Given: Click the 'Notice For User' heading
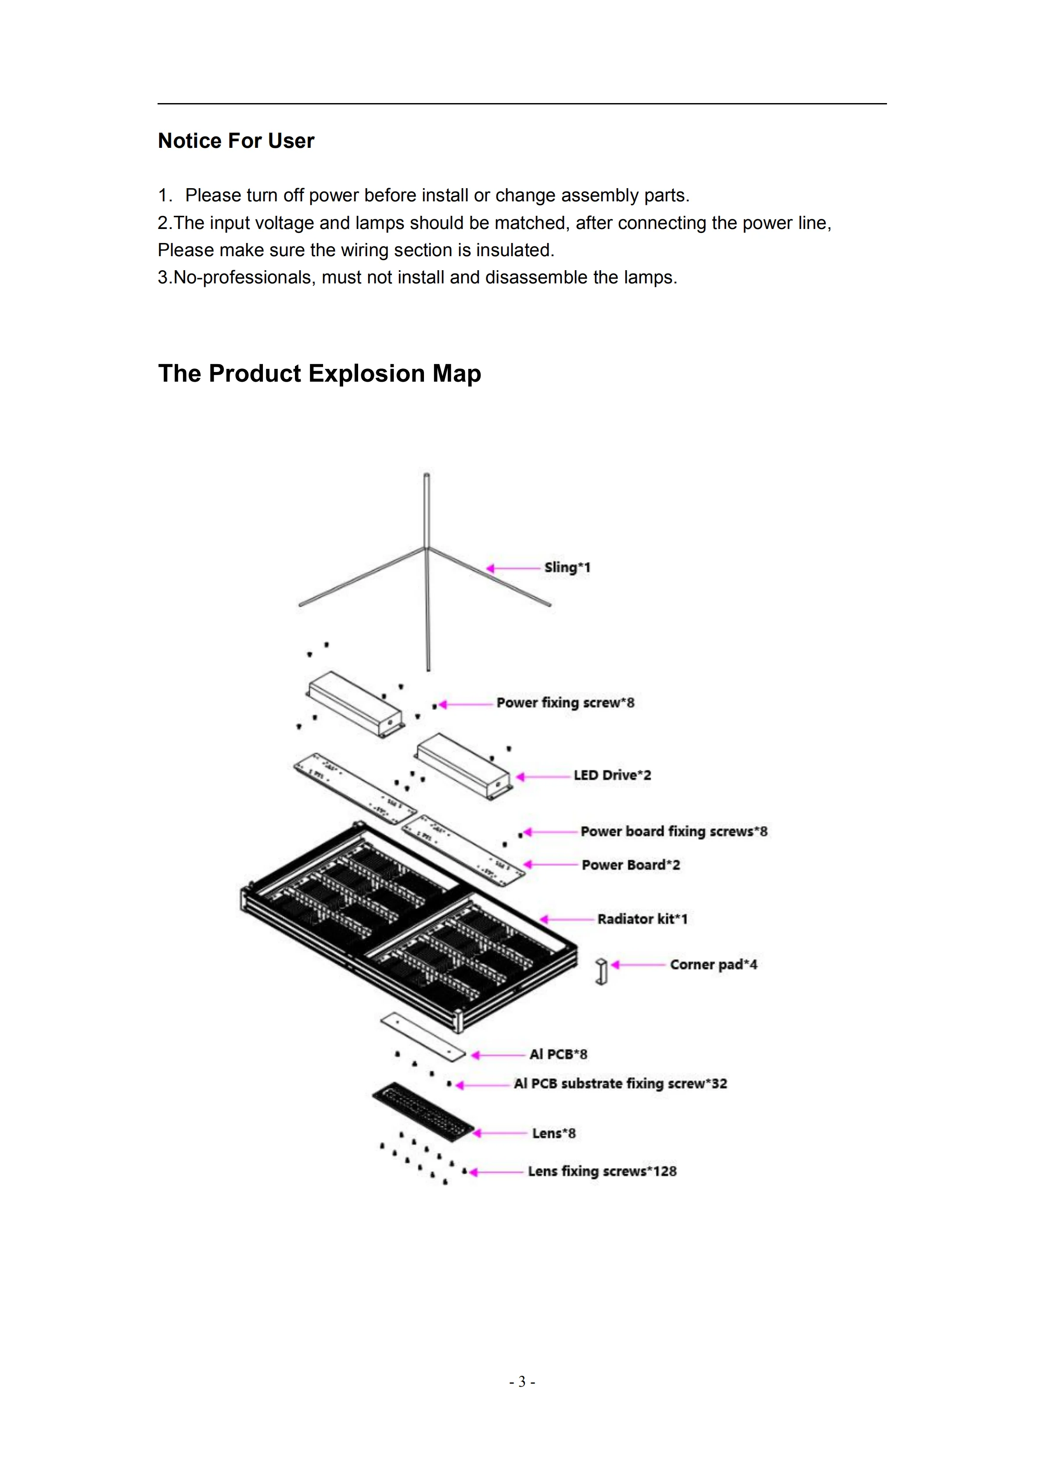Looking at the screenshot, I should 236,140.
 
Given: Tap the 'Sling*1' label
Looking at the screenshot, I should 567,567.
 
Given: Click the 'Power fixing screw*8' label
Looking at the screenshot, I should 565,702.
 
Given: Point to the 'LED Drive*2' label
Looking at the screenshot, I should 612,775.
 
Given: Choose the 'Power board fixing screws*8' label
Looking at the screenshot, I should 674,831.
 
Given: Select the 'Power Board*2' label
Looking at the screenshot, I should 631,865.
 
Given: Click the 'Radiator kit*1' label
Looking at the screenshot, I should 642,919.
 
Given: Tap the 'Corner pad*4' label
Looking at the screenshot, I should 713,964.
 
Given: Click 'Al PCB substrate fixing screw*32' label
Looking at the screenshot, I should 620,1084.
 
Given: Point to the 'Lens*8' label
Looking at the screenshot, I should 553,1133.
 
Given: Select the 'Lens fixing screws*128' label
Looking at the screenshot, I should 602,1171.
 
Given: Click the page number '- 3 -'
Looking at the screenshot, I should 522,1381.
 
